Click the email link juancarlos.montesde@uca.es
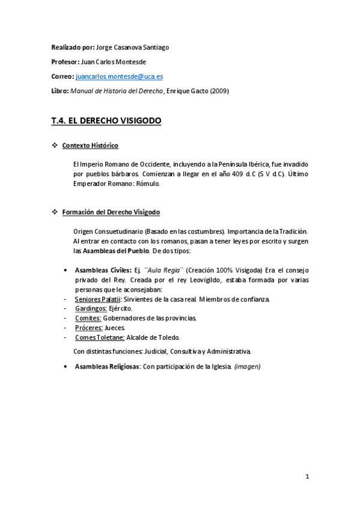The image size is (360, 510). pyautogui.click(x=119, y=77)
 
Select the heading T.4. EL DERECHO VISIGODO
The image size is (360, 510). pyautogui.click(x=106, y=121)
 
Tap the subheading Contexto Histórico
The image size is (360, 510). pyautogui.click(x=90, y=146)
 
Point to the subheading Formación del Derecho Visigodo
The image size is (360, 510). pyautogui.click(x=111, y=212)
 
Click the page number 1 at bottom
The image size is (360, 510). pyautogui.click(x=307, y=477)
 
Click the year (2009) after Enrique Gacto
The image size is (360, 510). pyautogui.click(x=219, y=91)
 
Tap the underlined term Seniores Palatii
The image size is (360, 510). pyautogui.click(x=98, y=299)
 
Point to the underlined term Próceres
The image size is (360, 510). pyautogui.click(x=88, y=328)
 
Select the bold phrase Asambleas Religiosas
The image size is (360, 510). pyautogui.click(x=107, y=366)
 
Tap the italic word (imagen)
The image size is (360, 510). pyautogui.click(x=248, y=366)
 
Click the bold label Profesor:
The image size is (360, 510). pyautogui.click(x=65, y=62)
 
